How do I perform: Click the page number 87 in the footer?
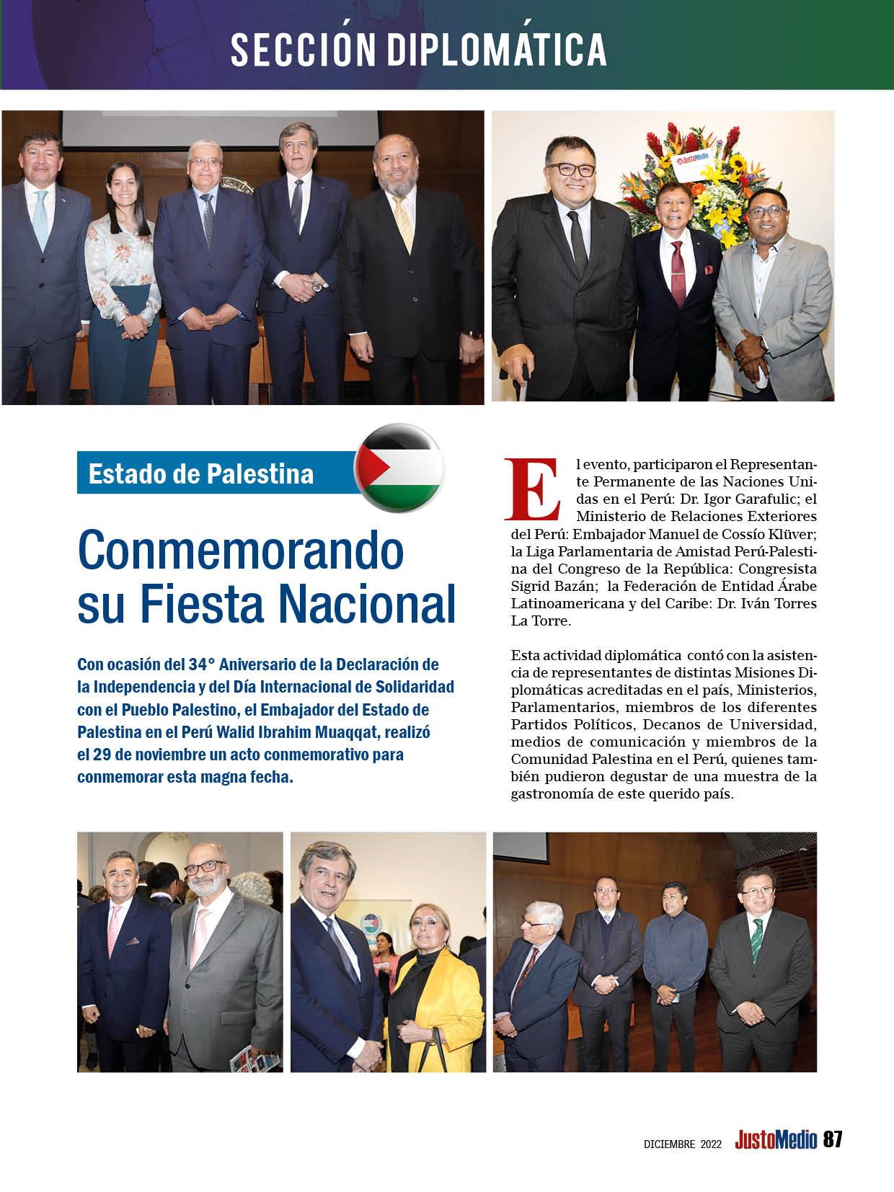point(833,1139)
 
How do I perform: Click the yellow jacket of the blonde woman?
point(444,1002)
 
